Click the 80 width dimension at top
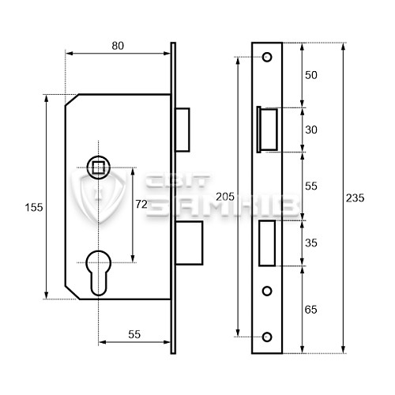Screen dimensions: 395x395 tap(117, 46)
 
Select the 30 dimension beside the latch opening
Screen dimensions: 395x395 tap(312, 130)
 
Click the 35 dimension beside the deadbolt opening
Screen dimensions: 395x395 tap(312, 245)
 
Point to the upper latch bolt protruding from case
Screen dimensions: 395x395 tap(183, 128)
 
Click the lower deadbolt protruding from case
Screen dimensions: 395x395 tap(190, 243)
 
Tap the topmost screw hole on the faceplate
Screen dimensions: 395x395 tap(267, 57)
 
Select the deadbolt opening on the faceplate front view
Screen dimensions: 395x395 tap(267, 243)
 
